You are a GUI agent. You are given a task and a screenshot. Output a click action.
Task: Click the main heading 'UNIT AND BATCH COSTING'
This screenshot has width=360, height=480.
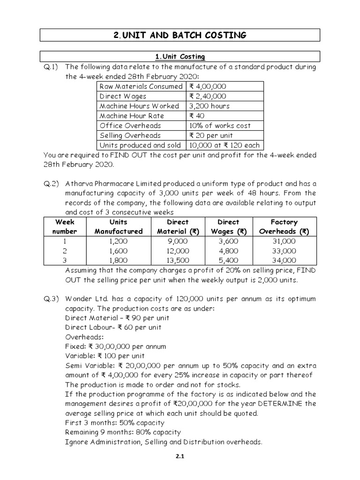coord(180,35)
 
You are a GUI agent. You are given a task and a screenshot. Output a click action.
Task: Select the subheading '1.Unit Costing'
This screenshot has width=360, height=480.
coord(180,57)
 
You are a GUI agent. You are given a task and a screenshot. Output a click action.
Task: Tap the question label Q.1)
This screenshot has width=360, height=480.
coord(51,67)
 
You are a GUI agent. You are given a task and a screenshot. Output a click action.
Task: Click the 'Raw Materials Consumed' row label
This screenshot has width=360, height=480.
coord(141,87)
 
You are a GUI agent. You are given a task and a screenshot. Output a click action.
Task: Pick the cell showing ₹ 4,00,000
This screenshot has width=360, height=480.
coord(208,87)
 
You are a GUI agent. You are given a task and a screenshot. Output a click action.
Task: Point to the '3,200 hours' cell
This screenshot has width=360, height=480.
coord(210,106)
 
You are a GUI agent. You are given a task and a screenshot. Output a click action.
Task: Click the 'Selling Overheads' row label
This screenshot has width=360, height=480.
coord(130,135)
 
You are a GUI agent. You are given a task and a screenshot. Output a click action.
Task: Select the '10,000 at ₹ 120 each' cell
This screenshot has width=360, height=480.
coord(224,145)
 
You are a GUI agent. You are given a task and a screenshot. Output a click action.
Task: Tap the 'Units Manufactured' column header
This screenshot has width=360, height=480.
coord(118,227)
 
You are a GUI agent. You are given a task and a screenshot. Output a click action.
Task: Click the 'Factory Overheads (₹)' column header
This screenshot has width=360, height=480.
coord(284,227)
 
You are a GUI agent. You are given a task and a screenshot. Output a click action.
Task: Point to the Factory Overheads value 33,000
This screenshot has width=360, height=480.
coord(284,251)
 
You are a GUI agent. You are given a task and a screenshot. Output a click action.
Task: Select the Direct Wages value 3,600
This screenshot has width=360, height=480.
coord(228,241)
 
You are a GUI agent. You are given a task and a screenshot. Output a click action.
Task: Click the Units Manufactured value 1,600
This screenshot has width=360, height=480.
coord(118,251)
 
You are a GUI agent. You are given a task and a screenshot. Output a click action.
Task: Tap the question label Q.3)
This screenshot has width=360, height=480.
coord(51,299)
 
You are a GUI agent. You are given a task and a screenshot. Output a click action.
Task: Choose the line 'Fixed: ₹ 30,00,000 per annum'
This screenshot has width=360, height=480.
coord(115,347)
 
